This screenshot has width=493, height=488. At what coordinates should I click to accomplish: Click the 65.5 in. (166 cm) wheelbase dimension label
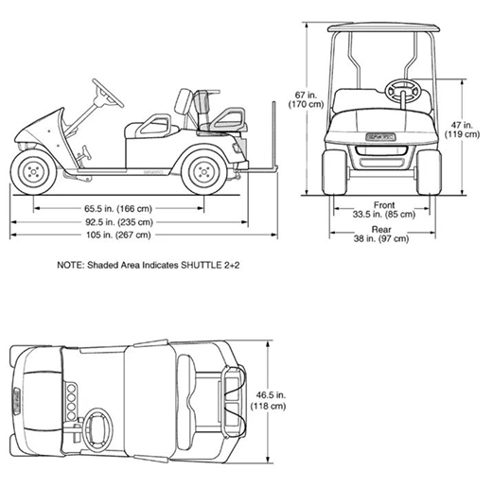click(118, 208)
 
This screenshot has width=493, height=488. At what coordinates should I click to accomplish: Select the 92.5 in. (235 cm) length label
click(119, 222)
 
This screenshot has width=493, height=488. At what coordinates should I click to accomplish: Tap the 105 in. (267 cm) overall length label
click(118, 235)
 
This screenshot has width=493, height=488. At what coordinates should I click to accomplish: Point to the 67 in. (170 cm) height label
click(306, 99)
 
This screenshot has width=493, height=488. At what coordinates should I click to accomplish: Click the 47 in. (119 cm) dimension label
click(462, 130)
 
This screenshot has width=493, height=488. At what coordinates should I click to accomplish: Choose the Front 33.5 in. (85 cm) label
click(384, 210)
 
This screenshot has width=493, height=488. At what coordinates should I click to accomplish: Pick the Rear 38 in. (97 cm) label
click(381, 234)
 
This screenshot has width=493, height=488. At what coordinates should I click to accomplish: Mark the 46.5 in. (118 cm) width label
click(268, 400)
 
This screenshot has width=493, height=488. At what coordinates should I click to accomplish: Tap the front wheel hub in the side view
click(33, 172)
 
